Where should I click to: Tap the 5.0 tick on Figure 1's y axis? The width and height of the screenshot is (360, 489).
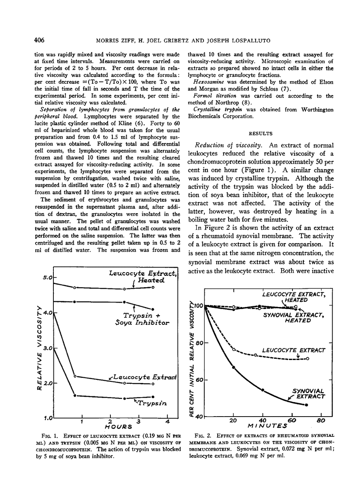point(49,277)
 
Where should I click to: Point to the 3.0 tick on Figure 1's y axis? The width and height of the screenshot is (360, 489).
point(49,348)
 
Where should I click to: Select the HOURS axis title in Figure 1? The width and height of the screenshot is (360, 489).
point(119,426)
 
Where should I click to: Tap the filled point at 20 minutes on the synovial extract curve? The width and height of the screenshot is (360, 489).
point(234,367)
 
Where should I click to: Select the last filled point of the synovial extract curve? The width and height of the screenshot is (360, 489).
point(306,405)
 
